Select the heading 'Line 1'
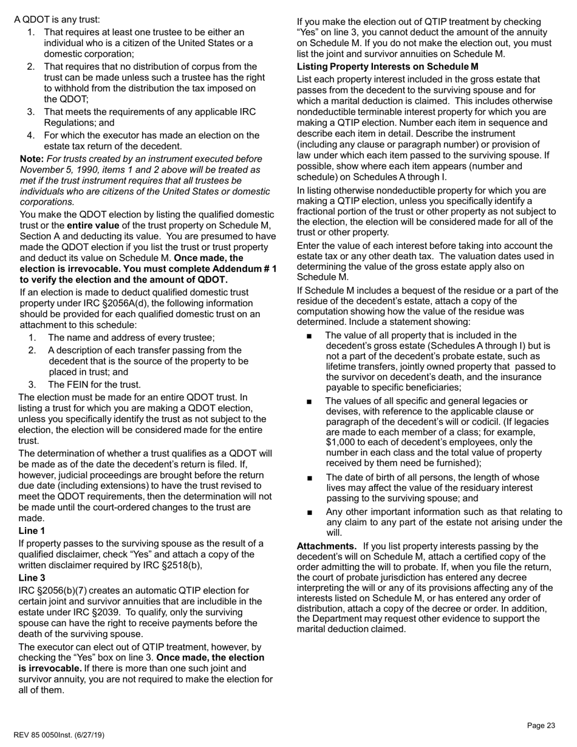click(32, 531)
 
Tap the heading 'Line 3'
click(32, 578)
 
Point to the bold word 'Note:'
click(32, 159)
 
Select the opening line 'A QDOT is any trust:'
click(57, 19)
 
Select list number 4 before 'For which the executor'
click(30, 135)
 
